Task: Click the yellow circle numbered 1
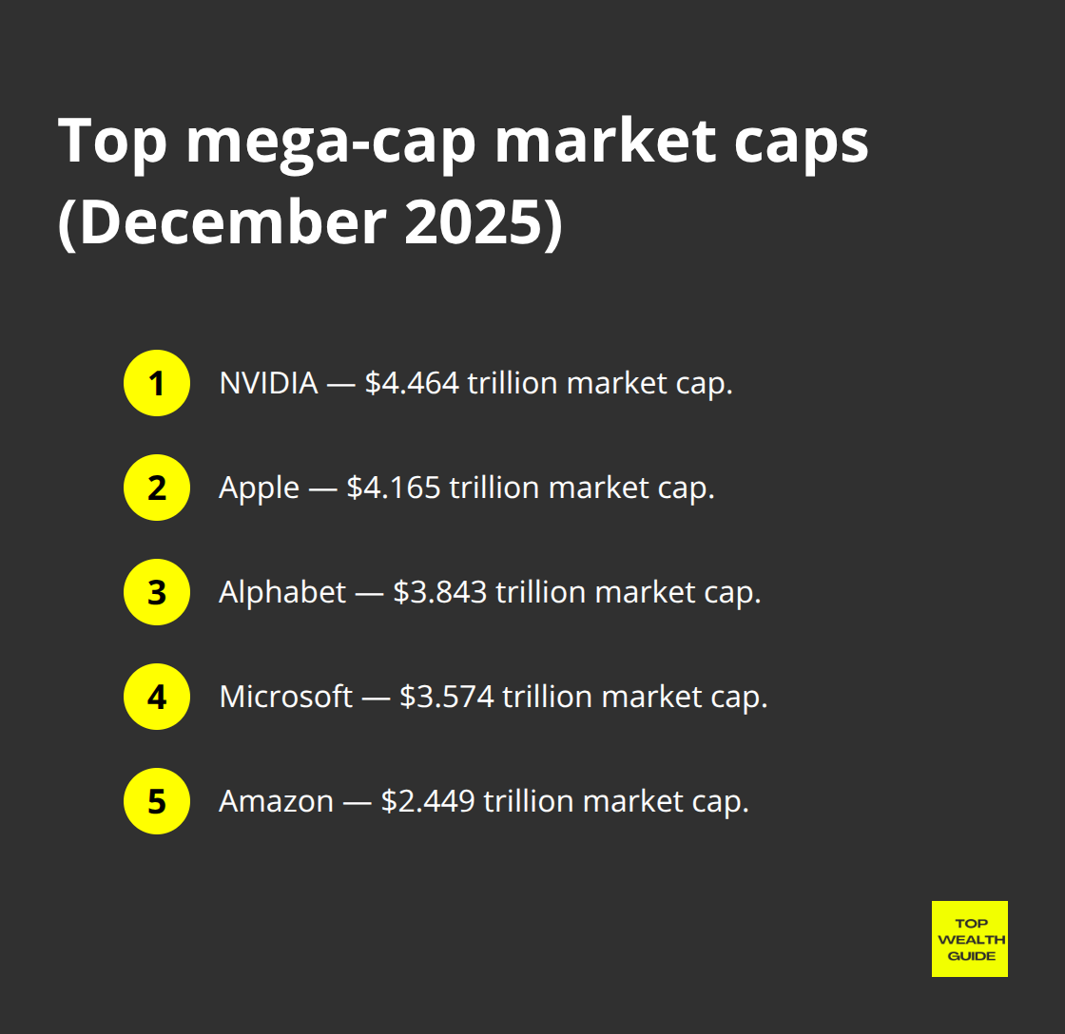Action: [157, 383]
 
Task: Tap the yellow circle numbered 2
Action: [157, 488]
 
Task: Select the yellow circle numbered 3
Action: [157, 592]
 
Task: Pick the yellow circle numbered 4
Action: [157, 697]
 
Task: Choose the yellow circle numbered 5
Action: [157, 801]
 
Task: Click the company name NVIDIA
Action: [268, 384]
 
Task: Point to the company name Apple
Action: [259, 488]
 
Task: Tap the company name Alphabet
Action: [282, 593]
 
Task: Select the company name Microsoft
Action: [286, 698]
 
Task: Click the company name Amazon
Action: [276, 802]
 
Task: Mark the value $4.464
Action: [412, 384]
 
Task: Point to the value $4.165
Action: [394, 488]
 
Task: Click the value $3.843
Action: [440, 593]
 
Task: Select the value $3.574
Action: [447, 698]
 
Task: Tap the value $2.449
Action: [428, 802]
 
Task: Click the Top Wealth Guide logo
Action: [969, 939]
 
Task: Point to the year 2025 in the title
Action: [475, 223]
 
